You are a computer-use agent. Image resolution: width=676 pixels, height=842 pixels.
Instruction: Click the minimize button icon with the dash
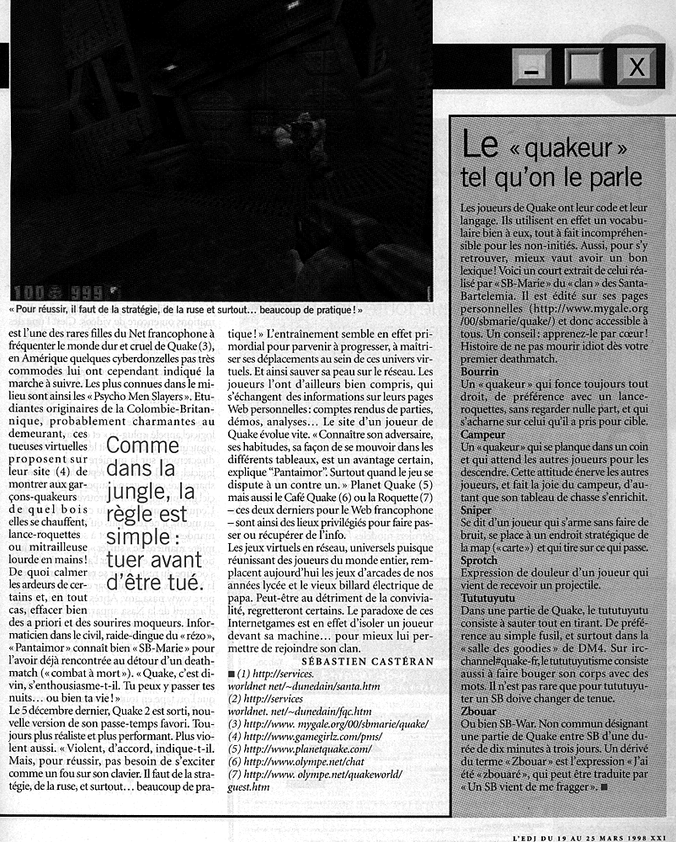[x=531, y=67]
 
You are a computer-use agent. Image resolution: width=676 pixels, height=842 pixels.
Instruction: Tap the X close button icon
[x=636, y=67]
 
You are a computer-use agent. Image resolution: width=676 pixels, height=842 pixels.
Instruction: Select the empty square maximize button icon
[x=583, y=67]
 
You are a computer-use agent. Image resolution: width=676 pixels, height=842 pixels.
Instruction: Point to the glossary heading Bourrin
[x=481, y=370]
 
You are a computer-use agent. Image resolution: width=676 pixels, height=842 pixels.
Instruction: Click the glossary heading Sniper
[x=476, y=509]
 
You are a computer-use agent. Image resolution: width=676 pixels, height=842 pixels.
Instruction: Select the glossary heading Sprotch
[x=480, y=562]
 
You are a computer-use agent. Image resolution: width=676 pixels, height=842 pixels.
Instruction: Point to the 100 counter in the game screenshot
[x=29, y=291]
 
